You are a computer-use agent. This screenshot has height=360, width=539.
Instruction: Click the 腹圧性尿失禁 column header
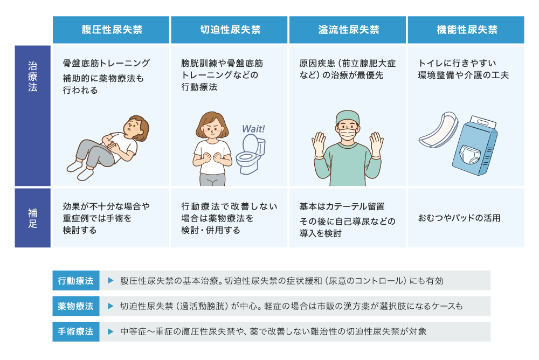[x=110, y=30]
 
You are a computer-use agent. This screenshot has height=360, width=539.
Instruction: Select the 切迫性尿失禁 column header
[x=229, y=30]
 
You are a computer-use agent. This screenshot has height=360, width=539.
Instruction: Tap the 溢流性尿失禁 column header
[x=348, y=30]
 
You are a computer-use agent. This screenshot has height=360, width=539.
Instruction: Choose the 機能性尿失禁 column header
[x=466, y=30]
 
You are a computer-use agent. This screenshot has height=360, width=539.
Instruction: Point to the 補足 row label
[x=33, y=218]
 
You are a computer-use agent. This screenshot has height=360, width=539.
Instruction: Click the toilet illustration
[x=251, y=154]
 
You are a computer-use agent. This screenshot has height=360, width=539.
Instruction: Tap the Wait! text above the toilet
[x=254, y=129]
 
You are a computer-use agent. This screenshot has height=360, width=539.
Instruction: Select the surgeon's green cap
[x=348, y=117]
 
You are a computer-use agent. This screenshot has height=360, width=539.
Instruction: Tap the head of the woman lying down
[x=136, y=128]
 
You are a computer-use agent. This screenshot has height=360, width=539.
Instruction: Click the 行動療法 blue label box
[x=76, y=281]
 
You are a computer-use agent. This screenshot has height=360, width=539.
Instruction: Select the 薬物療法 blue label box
[x=76, y=306]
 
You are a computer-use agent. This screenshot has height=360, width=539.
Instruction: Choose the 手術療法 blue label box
[x=76, y=331]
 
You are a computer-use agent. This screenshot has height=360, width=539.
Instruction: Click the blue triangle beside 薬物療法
[x=110, y=306]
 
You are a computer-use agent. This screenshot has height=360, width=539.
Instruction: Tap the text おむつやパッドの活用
[x=459, y=218]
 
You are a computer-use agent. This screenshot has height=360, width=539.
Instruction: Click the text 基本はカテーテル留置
[x=342, y=206]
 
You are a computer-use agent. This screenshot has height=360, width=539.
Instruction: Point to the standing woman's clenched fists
[x=212, y=157]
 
